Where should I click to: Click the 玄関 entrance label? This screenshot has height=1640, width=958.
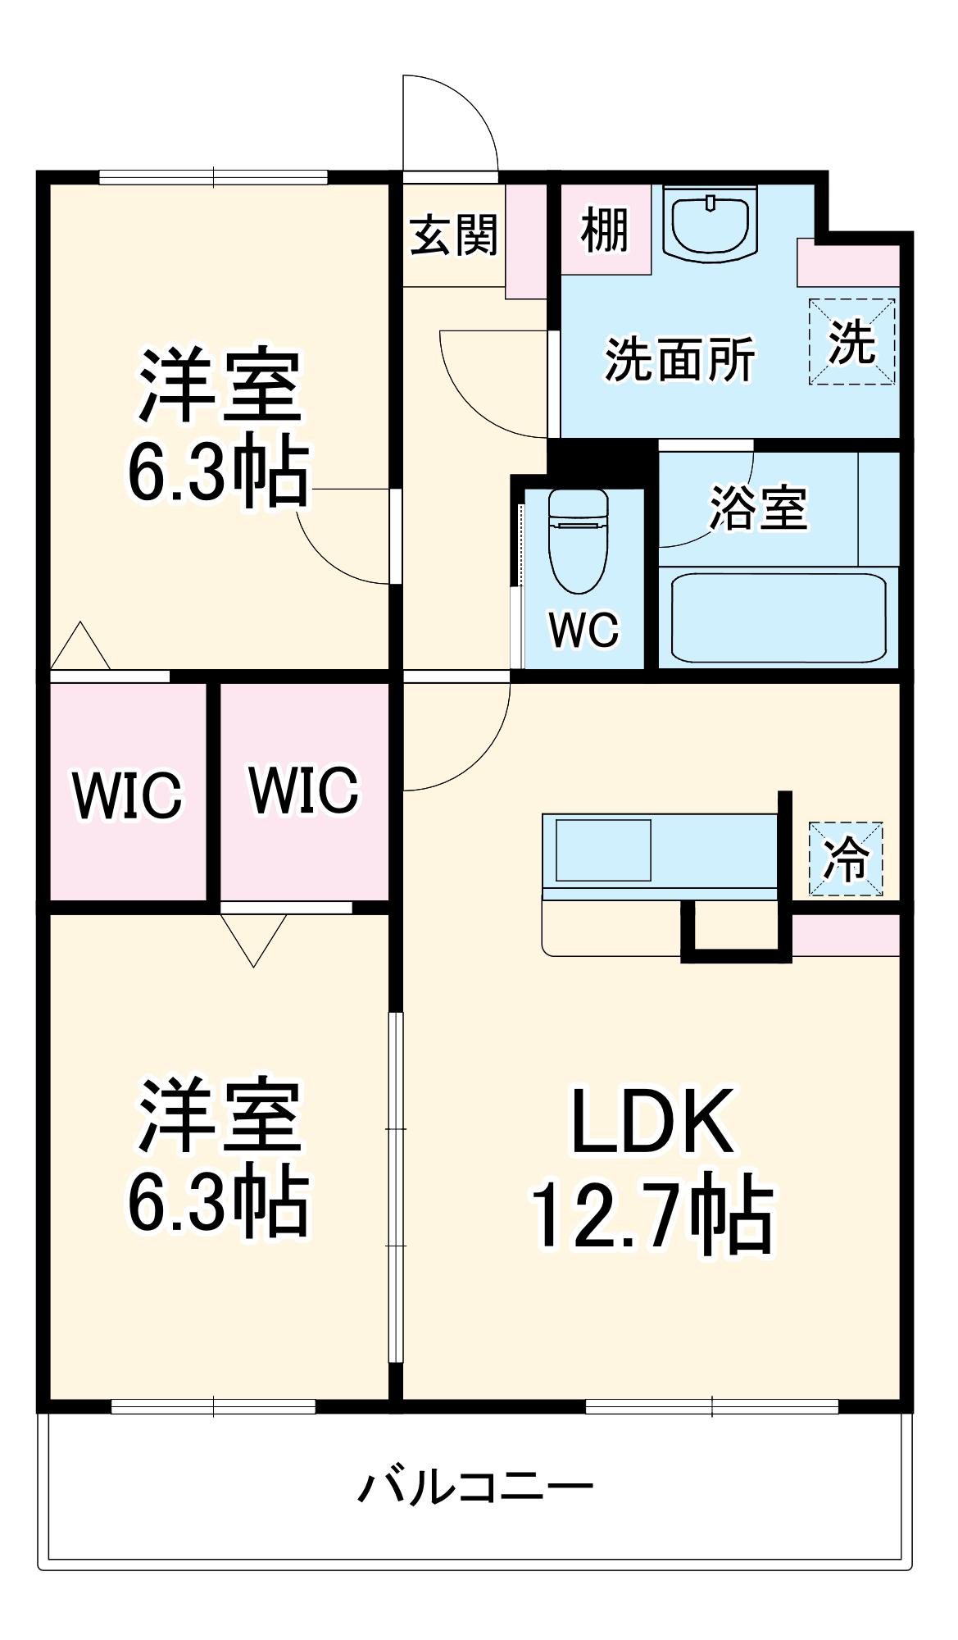(x=454, y=235)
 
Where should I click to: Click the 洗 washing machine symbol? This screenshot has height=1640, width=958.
(x=852, y=342)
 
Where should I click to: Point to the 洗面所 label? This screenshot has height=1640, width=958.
(x=679, y=360)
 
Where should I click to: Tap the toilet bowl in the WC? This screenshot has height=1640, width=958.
(x=578, y=542)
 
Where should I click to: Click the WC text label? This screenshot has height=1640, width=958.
(x=583, y=630)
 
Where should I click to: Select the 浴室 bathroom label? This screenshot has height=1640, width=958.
(x=758, y=508)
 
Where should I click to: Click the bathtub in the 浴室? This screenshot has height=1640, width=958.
(x=778, y=617)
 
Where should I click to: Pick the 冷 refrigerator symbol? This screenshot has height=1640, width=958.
(x=847, y=859)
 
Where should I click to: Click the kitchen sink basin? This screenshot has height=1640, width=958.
(x=604, y=850)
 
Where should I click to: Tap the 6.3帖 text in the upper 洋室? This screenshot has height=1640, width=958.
(x=218, y=474)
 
